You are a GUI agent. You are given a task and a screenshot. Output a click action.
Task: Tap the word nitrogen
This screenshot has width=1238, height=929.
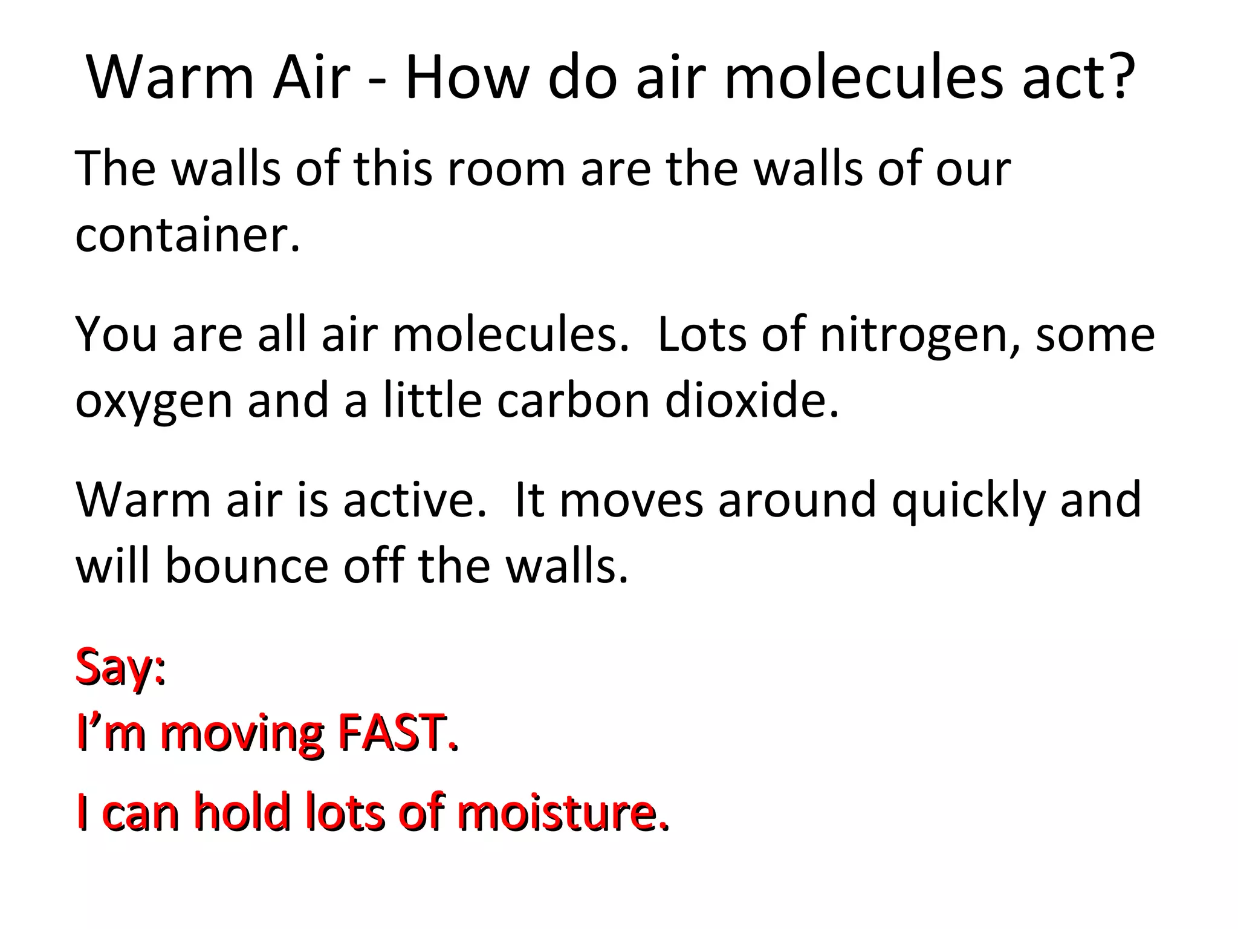[919, 336]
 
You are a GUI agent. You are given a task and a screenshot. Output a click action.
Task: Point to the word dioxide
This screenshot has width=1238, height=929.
[752, 400]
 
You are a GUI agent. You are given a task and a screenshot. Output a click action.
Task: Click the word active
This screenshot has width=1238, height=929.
[415, 500]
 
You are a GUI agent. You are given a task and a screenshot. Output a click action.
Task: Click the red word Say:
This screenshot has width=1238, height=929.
[120, 668]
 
